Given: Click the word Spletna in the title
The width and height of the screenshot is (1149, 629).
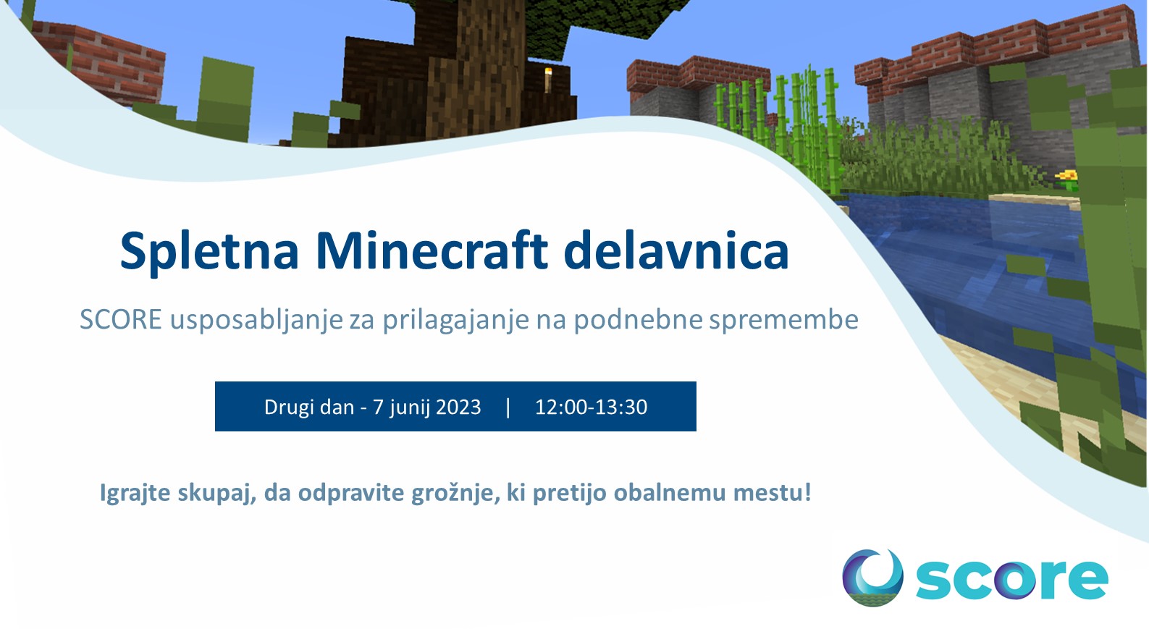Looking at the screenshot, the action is click(x=209, y=251).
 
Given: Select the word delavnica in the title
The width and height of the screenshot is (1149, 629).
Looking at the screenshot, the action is click(x=676, y=250).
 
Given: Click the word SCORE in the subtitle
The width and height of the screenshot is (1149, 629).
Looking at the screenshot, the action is click(x=121, y=319).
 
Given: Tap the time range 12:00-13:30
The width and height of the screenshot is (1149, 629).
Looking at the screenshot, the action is click(x=591, y=407).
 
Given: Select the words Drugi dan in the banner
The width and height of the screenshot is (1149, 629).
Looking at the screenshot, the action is click(x=309, y=407).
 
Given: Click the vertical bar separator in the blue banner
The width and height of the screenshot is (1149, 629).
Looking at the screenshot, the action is click(x=508, y=407).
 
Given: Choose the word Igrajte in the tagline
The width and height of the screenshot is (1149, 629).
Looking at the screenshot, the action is click(x=135, y=493).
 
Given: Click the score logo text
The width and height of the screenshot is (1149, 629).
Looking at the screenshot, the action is click(x=1011, y=580).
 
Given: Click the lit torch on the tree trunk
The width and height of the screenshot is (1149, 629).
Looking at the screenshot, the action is click(x=548, y=80).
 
